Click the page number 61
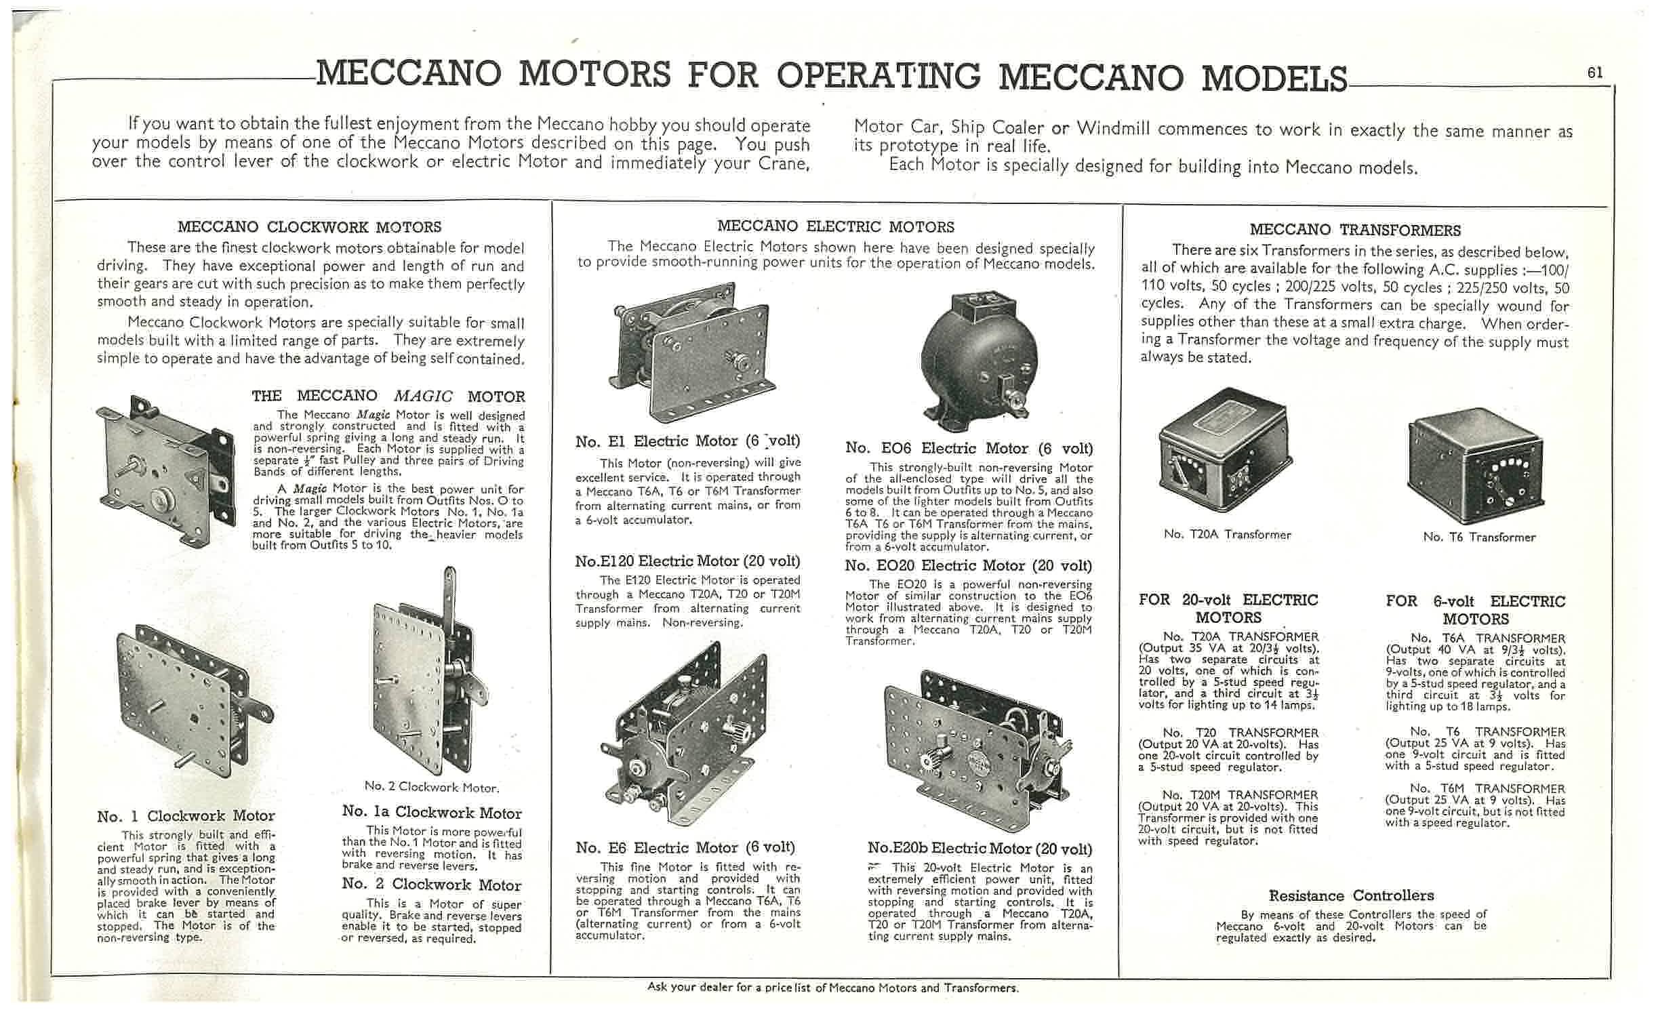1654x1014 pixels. tap(1595, 73)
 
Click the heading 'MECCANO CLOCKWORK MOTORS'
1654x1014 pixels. tap(309, 227)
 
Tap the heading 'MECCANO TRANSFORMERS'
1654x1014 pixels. tap(1354, 230)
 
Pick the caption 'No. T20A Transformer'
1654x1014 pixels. tap(1227, 534)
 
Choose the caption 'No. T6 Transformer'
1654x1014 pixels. tap(1479, 537)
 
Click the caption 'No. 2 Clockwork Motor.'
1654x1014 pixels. tap(432, 786)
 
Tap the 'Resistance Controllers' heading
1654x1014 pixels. tap(1351, 895)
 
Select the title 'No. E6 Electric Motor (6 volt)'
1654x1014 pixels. tap(685, 847)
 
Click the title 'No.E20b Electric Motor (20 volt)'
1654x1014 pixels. tap(980, 849)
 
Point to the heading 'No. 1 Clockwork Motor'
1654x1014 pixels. tap(186, 816)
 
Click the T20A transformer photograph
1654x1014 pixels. tap(1226, 450)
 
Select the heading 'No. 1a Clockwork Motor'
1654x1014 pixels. tap(432, 812)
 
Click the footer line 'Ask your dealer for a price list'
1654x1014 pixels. tap(832, 988)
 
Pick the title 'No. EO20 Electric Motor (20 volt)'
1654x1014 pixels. tap(969, 566)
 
